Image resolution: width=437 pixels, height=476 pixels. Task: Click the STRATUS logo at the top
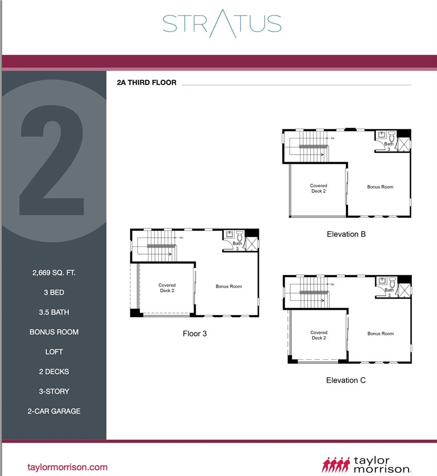[x=222, y=24]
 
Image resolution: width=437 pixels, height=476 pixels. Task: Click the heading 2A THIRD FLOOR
[x=146, y=82]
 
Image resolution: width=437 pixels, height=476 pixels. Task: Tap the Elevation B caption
[x=346, y=234]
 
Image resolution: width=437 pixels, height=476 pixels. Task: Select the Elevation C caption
[x=346, y=380]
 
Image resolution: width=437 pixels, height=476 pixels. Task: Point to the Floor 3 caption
[x=195, y=333]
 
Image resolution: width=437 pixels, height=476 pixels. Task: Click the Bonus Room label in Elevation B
[x=380, y=187]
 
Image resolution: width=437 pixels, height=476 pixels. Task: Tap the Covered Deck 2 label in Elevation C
[x=319, y=335]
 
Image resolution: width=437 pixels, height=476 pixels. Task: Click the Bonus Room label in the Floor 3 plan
[x=229, y=286]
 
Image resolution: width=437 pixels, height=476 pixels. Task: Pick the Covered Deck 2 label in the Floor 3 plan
[x=167, y=288]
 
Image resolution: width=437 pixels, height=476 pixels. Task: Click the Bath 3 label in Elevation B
[x=389, y=146]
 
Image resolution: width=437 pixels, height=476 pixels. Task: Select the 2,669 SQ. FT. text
[x=54, y=273]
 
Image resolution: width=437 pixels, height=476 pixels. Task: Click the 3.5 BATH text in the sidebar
[x=54, y=312]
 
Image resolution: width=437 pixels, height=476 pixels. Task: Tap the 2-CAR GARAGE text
[x=54, y=411]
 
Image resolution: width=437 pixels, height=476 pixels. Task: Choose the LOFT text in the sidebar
[x=54, y=352]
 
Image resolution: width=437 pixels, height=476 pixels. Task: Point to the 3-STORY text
[x=54, y=391]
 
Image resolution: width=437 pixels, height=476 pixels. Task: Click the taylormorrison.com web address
[x=67, y=467]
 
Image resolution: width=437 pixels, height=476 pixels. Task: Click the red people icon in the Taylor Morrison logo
[x=336, y=465]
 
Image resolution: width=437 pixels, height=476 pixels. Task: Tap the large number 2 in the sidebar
[x=51, y=160]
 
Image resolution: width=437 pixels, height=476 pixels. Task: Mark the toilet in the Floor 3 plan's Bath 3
[x=240, y=236]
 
